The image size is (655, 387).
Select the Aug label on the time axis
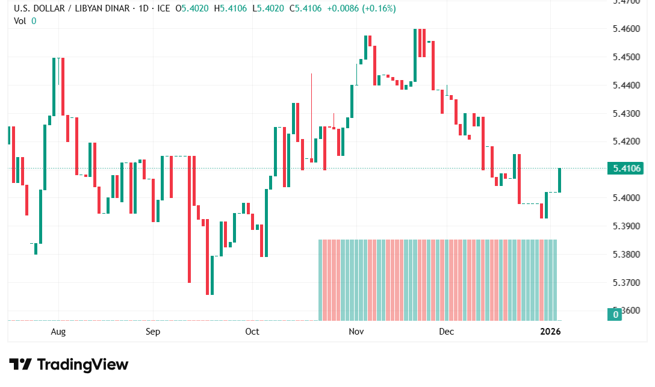click(x=58, y=332)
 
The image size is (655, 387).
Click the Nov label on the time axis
click(x=356, y=332)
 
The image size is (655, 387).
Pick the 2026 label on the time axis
click(x=550, y=332)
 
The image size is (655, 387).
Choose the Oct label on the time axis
click(x=252, y=332)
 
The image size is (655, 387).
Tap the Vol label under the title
click(x=20, y=20)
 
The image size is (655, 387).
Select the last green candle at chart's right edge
click(x=560, y=180)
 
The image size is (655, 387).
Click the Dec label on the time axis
click(x=446, y=332)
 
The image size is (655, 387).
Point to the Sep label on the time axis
click(x=153, y=332)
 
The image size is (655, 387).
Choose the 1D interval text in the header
click(x=140, y=9)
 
